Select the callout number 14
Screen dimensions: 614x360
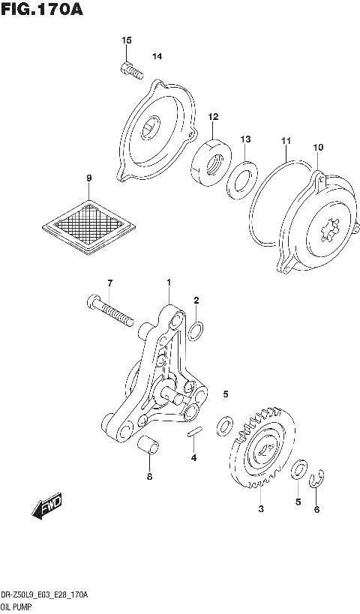point(157,56)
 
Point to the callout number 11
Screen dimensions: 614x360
point(285,141)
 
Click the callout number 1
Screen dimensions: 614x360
point(169,282)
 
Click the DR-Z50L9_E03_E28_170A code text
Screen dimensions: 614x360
point(46,594)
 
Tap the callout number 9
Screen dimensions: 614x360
point(88,178)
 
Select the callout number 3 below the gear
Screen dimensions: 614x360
point(260,509)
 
